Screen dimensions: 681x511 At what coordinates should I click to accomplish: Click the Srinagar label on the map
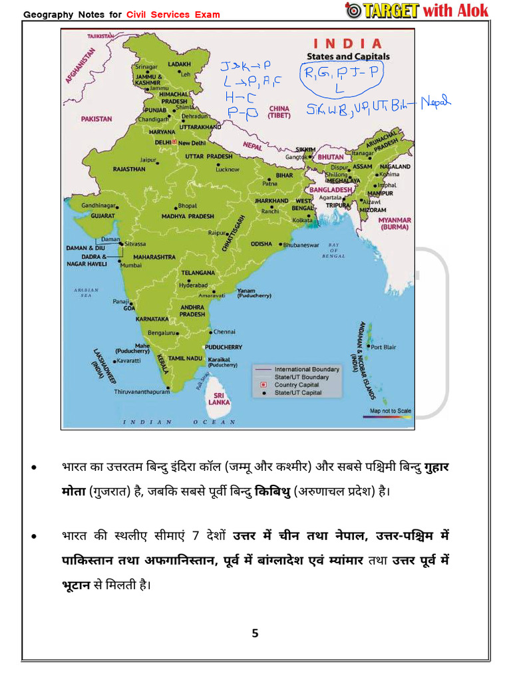coord(146,67)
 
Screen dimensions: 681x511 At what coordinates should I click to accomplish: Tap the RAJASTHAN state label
coord(129,169)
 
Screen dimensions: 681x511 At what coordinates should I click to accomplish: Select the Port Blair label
coord(384,347)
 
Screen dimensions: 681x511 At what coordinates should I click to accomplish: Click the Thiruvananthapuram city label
coord(142,392)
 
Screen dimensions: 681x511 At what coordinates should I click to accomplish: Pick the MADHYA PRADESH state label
coord(188,216)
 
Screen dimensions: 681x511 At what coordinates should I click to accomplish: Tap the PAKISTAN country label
coord(96,119)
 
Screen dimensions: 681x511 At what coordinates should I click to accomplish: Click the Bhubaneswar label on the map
coord(302,245)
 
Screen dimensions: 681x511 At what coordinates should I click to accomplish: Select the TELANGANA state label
coord(198,273)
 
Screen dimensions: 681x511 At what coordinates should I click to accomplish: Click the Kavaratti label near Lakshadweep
coord(128,360)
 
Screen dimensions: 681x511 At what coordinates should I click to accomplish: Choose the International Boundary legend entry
coord(307,369)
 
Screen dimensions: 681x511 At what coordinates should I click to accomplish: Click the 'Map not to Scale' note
coord(391,411)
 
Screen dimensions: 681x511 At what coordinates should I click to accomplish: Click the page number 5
coord(255,632)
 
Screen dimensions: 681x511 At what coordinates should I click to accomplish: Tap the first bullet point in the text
coord(34,468)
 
